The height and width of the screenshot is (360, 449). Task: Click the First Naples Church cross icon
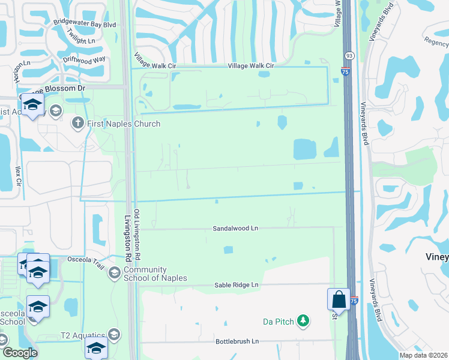(x=77, y=124)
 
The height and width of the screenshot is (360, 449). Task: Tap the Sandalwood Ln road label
(x=235, y=229)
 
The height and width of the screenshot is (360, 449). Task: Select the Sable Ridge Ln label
(x=236, y=285)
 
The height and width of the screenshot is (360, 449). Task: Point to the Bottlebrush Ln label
(x=237, y=341)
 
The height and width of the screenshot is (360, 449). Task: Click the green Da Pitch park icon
(x=304, y=322)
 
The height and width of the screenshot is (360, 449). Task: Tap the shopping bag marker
(x=339, y=299)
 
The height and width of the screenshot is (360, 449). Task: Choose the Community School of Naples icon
(x=113, y=274)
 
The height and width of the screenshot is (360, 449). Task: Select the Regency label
(x=436, y=41)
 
